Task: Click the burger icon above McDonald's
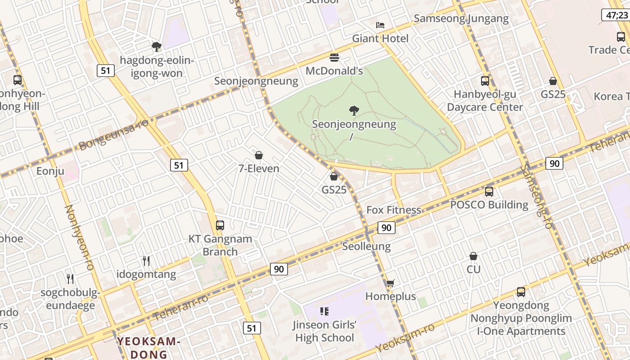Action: (x=334, y=58)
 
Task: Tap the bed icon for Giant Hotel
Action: (x=380, y=25)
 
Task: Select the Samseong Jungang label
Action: (x=461, y=18)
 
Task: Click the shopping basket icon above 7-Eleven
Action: (x=259, y=155)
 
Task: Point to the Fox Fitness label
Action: (x=394, y=210)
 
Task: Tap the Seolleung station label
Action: (x=366, y=246)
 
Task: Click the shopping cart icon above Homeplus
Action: (x=390, y=283)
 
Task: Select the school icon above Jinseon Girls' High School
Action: (x=324, y=311)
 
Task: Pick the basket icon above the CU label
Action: (x=473, y=256)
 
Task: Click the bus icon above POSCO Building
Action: (x=489, y=191)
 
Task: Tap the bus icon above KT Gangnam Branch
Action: (x=220, y=225)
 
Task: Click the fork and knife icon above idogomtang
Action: (x=146, y=261)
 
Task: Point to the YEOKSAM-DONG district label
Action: (x=149, y=347)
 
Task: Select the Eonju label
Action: (x=50, y=171)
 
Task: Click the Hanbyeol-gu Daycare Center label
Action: (x=485, y=101)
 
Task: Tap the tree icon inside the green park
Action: (x=354, y=110)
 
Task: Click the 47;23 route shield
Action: (x=615, y=15)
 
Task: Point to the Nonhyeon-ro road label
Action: (x=79, y=237)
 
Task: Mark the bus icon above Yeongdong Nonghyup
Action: (x=521, y=292)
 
